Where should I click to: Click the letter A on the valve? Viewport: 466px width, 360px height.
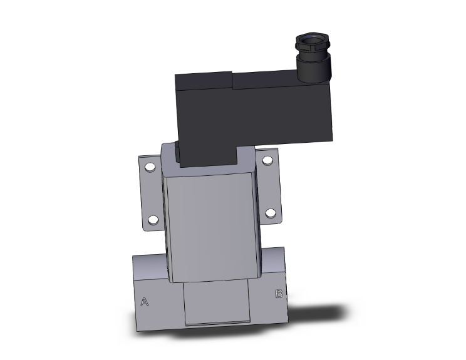[145, 302]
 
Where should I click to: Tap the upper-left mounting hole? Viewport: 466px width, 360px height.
[150, 168]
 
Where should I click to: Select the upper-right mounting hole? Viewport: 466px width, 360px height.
[267, 161]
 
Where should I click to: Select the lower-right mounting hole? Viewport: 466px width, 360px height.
[271, 213]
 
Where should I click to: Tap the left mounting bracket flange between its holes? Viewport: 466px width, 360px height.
[151, 194]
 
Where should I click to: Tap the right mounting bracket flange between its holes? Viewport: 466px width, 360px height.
[269, 187]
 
